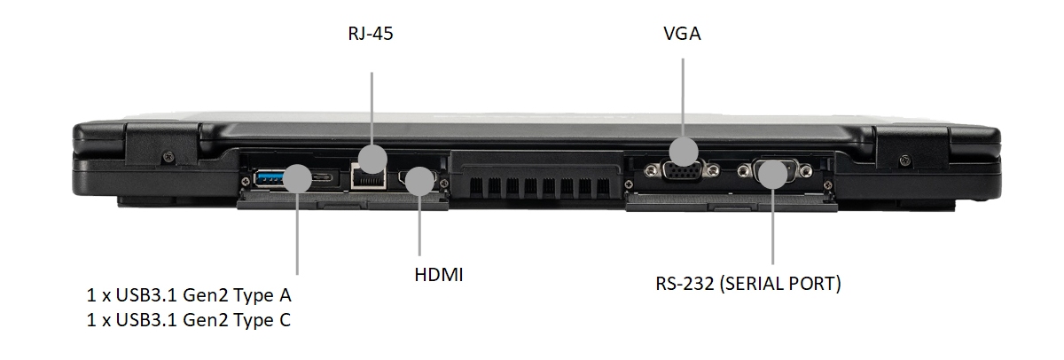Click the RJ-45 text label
point(371,34)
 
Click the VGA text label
point(682,34)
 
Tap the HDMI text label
point(438,275)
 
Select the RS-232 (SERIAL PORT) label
point(748,284)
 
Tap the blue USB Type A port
point(269,178)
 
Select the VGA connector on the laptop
point(682,171)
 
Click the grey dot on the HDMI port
point(419,181)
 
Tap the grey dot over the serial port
point(773,175)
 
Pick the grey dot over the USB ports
point(297,178)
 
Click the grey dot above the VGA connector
point(684,152)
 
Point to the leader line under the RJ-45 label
point(372,109)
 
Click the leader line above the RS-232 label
point(773,227)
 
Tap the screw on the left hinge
point(168,156)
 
